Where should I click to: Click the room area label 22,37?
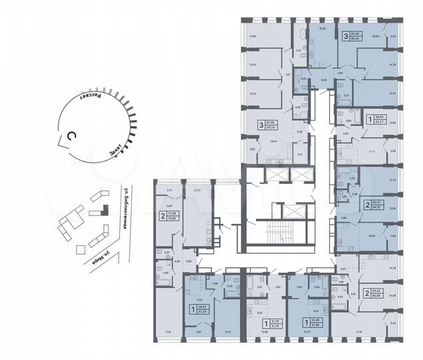(197, 190)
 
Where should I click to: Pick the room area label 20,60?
(375, 37)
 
